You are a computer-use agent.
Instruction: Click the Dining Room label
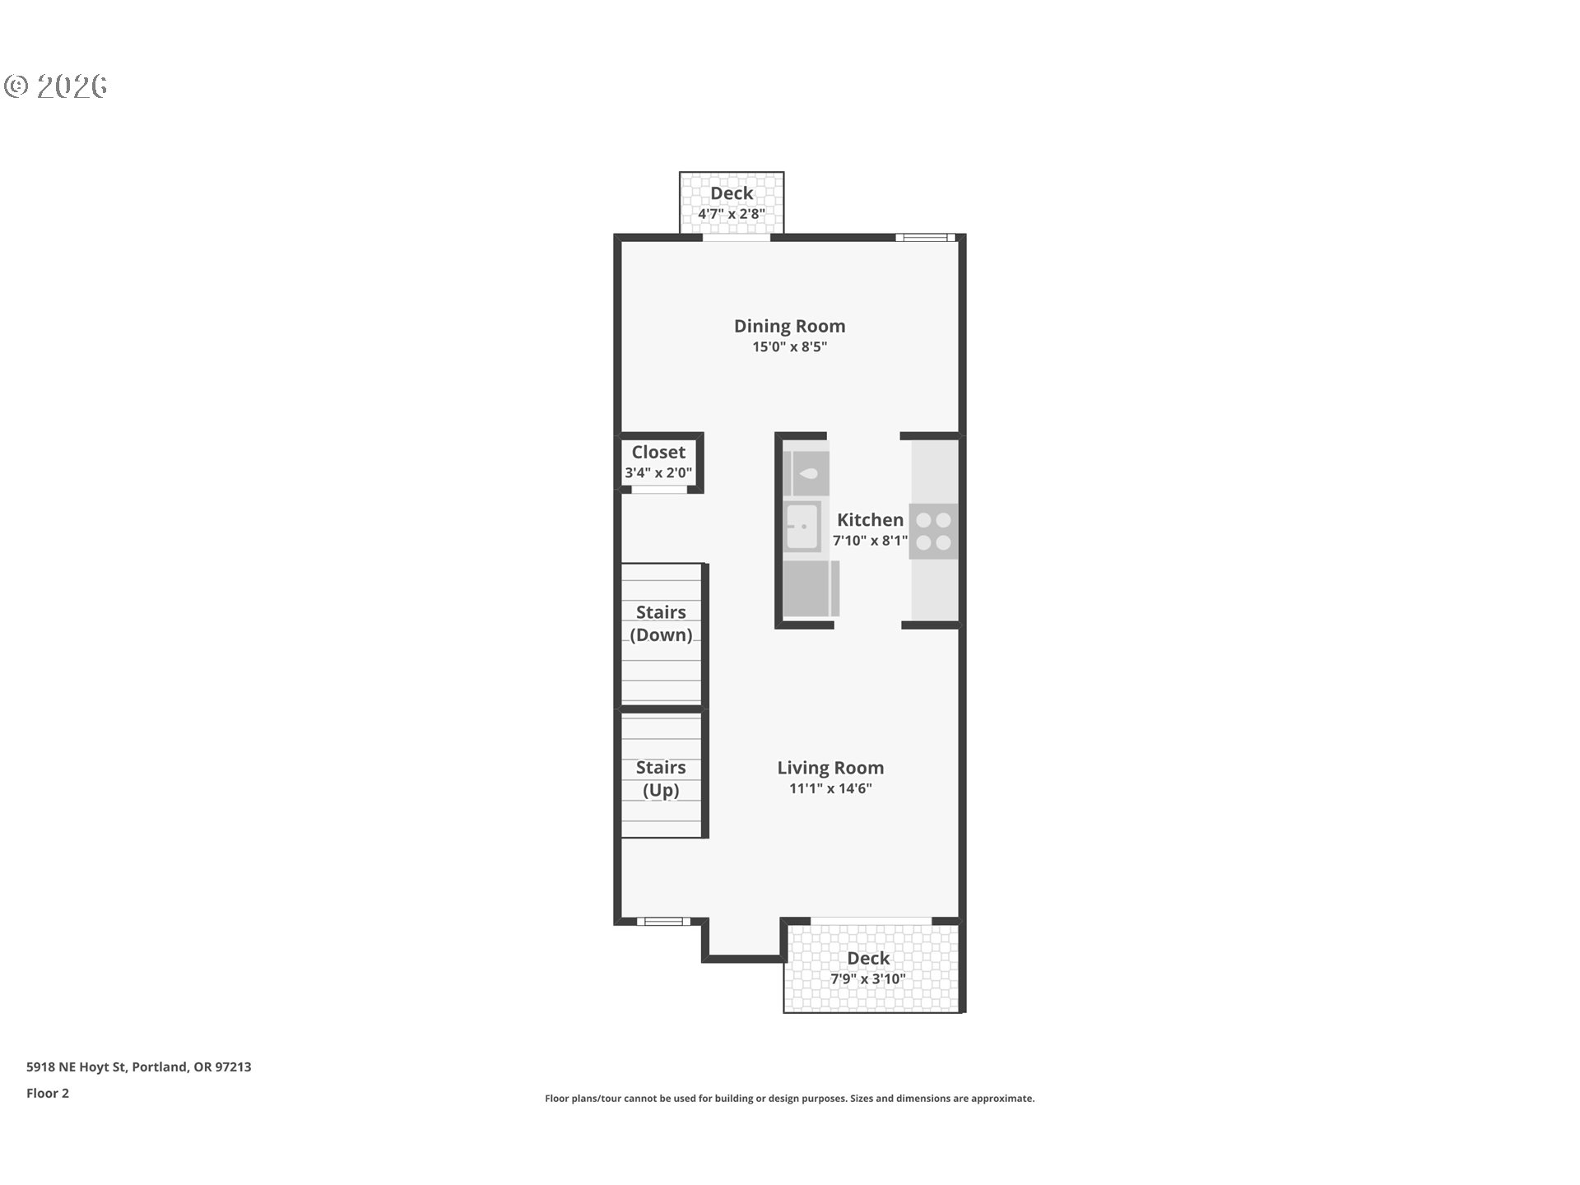tap(789, 326)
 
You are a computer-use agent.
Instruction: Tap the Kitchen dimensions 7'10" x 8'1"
tap(870, 541)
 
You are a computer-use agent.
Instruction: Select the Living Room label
tap(830, 768)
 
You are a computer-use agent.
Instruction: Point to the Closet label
tap(658, 453)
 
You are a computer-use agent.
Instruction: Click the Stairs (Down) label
tap(661, 623)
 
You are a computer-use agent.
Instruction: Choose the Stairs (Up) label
tap(661, 778)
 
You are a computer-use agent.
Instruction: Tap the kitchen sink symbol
tap(802, 527)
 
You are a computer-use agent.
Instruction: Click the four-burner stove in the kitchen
tap(934, 532)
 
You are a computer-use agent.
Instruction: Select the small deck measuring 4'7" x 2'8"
tap(732, 202)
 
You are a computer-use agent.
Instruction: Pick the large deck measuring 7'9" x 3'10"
tap(871, 968)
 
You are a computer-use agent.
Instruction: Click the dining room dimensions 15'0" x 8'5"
tap(789, 346)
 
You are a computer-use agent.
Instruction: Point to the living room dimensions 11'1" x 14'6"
tap(830, 788)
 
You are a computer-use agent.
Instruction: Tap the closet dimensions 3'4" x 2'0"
tap(658, 473)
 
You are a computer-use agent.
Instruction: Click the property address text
tap(139, 1066)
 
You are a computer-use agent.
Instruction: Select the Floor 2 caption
tap(48, 1093)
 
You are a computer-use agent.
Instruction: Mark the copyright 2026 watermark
tap(56, 86)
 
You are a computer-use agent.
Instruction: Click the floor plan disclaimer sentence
tap(789, 1099)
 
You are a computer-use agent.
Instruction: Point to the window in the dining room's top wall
tap(926, 238)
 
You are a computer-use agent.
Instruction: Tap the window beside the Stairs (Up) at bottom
tap(663, 921)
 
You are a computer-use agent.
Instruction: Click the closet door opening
tap(658, 490)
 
